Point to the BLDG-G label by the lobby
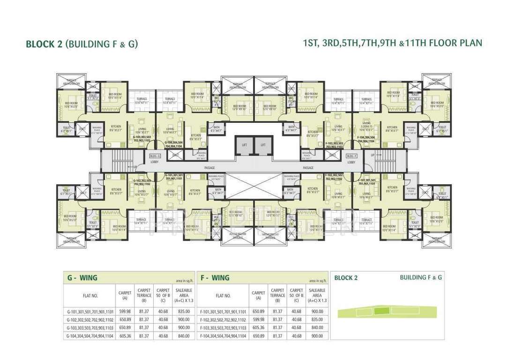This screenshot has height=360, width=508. [155, 156]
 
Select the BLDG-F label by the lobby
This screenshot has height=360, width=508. [352, 156]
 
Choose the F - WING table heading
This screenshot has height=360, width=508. [214, 277]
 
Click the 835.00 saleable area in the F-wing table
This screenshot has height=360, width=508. [317, 319]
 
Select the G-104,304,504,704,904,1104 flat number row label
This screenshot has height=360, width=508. [90, 336]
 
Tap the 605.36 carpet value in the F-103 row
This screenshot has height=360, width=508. [258, 327]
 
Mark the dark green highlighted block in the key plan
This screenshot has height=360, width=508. [382, 310]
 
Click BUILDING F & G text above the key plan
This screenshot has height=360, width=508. [421, 277]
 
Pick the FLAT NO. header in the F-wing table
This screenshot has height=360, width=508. [223, 296]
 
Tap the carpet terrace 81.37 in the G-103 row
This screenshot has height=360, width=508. [144, 327]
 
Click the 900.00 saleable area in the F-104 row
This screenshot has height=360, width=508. [317, 336]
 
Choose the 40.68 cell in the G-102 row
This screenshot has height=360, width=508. [163, 319]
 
